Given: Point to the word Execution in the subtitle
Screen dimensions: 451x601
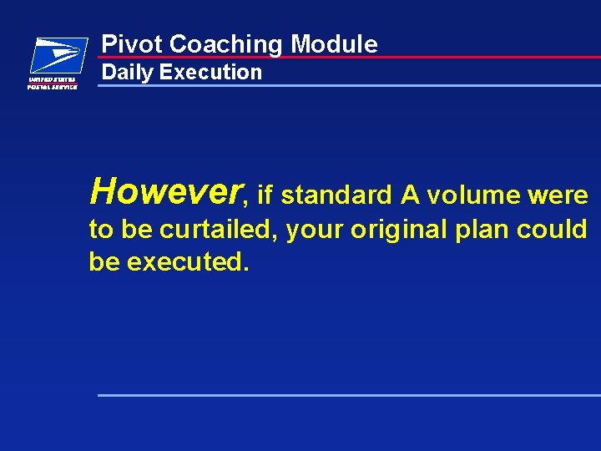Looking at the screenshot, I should coord(210,72).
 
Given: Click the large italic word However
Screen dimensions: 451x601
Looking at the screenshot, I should coord(165,190).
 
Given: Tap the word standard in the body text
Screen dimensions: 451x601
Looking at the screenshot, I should coord(336,195).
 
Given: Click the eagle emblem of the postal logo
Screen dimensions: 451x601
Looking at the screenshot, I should coord(58,55).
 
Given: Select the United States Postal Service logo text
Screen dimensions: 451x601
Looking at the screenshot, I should coord(53,83).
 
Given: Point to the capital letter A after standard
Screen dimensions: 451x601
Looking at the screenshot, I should coord(409,195).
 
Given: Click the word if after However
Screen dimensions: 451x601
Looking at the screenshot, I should coord(266,195).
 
